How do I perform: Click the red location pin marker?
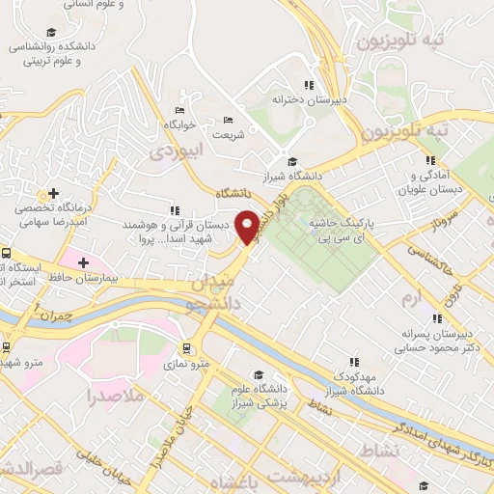click(x=249, y=226)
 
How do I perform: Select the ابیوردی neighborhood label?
click(x=180, y=151)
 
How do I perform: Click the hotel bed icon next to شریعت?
click(x=228, y=120)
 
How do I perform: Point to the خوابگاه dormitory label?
click(x=180, y=125)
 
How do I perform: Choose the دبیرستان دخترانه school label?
click(x=309, y=98)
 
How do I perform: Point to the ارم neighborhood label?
click(x=412, y=300)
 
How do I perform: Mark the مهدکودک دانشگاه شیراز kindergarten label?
click(x=353, y=383)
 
